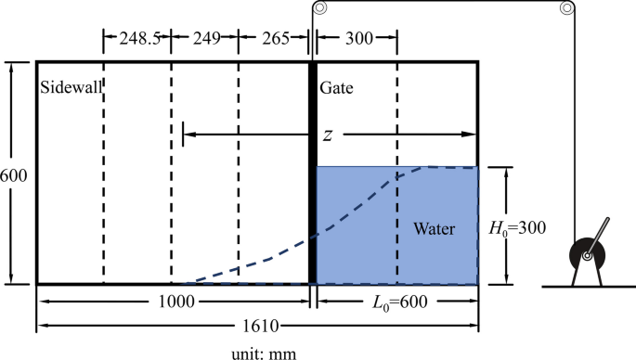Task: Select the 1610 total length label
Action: [x=259, y=327]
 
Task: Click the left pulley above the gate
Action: [x=320, y=9]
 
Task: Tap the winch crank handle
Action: [x=598, y=233]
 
